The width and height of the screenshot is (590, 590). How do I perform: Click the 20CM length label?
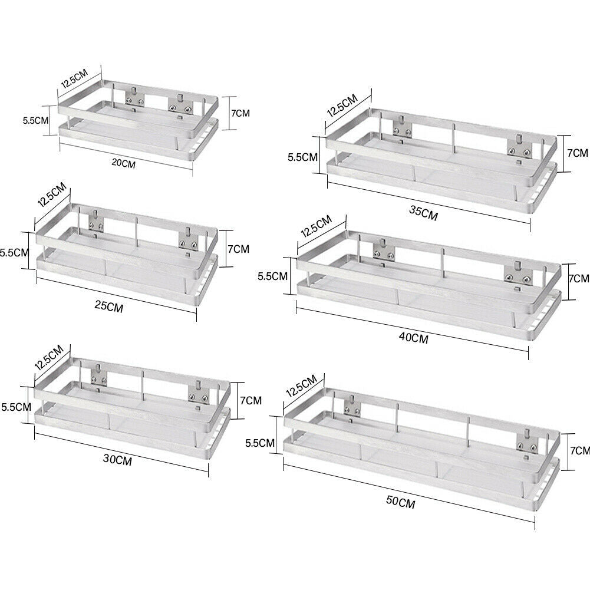[x=123, y=164]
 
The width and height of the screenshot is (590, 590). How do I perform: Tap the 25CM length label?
[x=108, y=306]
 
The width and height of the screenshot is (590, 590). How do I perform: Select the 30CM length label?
[x=117, y=459]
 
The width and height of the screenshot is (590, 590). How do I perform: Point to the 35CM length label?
[x=424, y=213]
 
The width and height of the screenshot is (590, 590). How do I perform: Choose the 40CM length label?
[x=414, y=338]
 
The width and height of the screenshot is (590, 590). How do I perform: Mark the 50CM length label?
[x=401, y=502]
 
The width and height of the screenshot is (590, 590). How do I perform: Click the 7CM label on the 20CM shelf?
[x=240, y=113]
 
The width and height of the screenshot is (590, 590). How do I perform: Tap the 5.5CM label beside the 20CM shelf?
[x=35, y=120]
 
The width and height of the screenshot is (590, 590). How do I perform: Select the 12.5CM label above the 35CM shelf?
[x=342, y=106]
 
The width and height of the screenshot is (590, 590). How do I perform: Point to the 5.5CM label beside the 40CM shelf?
[x=272, y=276]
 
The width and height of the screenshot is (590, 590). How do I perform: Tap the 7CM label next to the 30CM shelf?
[x=250, y=400]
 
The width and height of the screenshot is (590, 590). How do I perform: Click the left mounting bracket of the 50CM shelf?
[x=352, y=406]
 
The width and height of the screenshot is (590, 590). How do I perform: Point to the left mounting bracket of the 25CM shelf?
[x=96, y=222]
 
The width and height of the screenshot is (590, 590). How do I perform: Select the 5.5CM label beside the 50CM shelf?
[x=260, y=443]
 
